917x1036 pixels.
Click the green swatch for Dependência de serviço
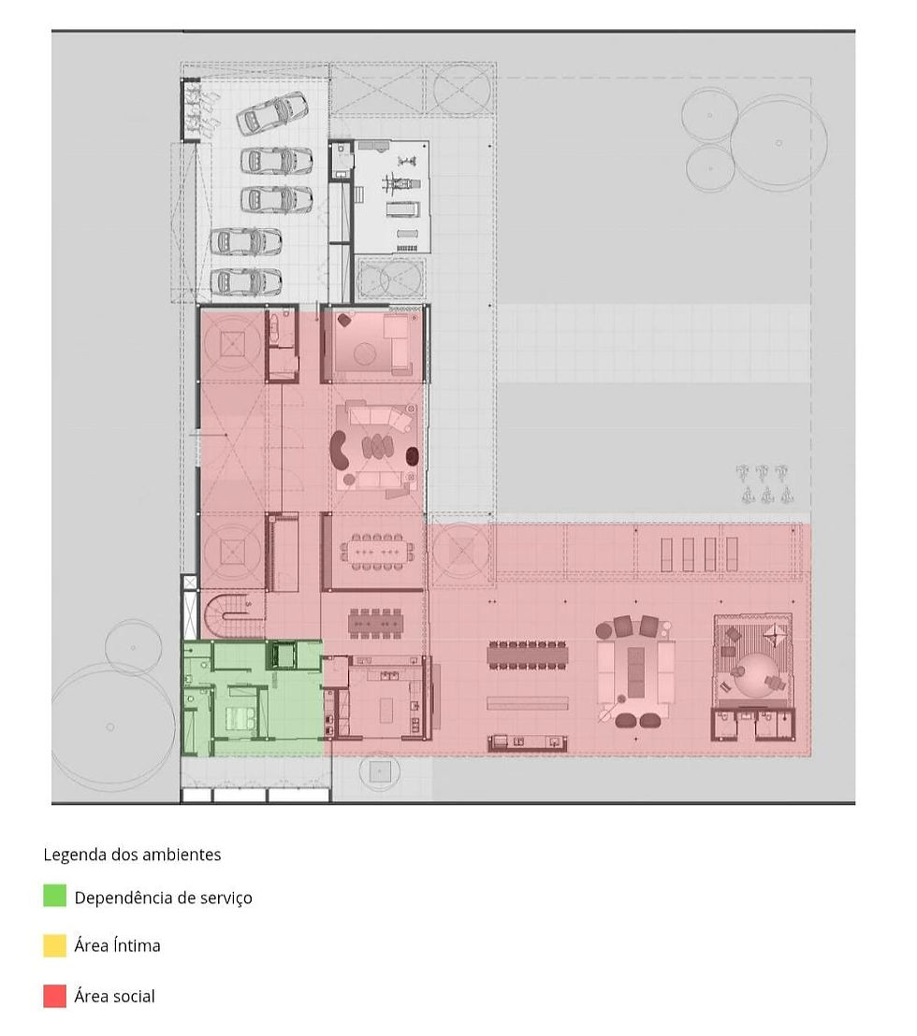[x=55, y=895]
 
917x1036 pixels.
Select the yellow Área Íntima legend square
[x=55, y=945]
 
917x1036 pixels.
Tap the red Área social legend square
[x=55, y=996]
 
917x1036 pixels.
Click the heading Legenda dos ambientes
[x=132, y=855]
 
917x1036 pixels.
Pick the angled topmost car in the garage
[x=272, y=113]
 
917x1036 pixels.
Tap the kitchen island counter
[x=386, y=711]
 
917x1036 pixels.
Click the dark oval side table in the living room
[x=412, y=456]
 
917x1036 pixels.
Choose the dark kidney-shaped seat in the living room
[x=342, y=450]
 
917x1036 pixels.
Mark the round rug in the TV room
[x=364, y=354]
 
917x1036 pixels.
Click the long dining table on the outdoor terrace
[x=528, y=656]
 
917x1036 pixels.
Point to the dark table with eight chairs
[x=375, y=623]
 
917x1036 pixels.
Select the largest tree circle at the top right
[x=779, y=143]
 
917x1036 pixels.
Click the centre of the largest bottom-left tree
[x=110, y=727]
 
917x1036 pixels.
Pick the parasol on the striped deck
[x=774, y=635]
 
